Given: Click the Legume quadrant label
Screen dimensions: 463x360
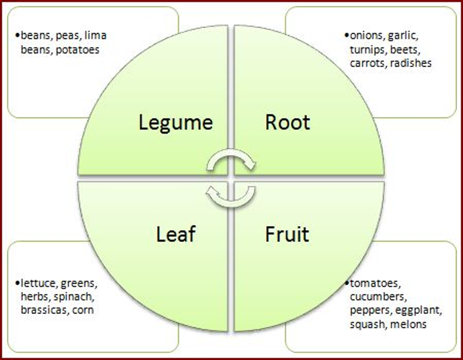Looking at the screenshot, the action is (x=176, y=123).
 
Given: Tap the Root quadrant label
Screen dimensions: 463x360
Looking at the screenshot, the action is (x=288, y=122).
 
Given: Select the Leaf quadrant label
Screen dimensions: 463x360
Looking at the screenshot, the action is (x=176, y=234).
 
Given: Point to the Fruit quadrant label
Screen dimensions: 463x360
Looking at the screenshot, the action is (x=287, y=234).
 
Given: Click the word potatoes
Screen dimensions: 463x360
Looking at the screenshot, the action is (x=78, y=50).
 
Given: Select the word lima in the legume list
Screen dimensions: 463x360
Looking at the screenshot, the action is (x=95, y=35).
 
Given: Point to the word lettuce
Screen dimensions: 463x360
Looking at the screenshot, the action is (x=38, y=284).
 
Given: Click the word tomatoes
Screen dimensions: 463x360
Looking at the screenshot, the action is (x=375, y=284).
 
